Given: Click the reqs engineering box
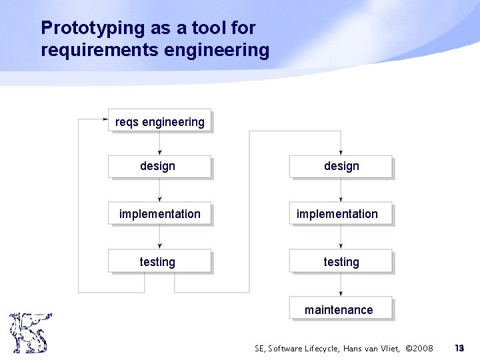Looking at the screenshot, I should tap(159, 121).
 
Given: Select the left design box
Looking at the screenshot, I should tap(159, 166).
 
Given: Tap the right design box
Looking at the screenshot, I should tap(341, 166).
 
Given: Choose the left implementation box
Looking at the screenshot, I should tap(159, 214).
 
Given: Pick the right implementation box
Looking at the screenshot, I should tap(341, 214).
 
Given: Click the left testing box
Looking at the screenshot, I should tap(159, 262).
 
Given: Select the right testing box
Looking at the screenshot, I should tap(341, 262).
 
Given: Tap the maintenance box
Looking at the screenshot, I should tap(341, 309).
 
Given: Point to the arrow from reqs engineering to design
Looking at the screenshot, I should tap(159, 143).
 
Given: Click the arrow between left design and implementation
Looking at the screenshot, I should tap(159, 190).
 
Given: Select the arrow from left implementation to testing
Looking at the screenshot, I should tap(159, 238).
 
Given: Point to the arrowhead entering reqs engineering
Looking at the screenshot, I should tap(105, 120).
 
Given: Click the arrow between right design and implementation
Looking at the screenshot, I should tap(341, 190).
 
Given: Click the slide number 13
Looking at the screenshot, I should tap(459, 348).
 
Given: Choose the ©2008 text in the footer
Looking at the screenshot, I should tap(419, 348).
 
